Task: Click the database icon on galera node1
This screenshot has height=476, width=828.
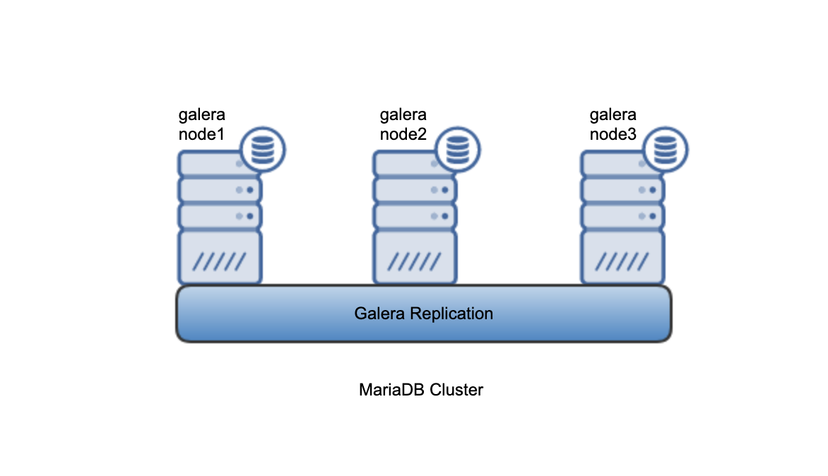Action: [x=263, y=150]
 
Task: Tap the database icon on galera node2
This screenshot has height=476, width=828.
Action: [x=458, y=150]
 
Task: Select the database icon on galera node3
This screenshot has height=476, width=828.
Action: [x=666, y=150]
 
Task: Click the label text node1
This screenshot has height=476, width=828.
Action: [x=201, y=134]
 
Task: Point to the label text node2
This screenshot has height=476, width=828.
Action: [x=403, y=134]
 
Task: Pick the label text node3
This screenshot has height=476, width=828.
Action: [x=613, y=134]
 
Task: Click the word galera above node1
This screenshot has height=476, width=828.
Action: [x=201, y=115]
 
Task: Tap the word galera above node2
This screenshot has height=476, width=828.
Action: [x=403, y=115]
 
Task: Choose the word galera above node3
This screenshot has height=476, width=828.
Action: [x=613, y=115]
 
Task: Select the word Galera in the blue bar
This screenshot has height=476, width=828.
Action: [x=380, y=313]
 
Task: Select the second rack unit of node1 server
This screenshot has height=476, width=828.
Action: [x=220, y=189]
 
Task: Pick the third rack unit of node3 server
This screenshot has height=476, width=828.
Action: [x=622, y=215]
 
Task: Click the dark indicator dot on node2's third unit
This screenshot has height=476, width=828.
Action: [x=445, y=215]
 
